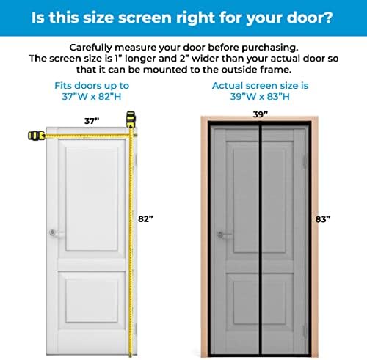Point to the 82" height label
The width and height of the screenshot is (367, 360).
point(148,218)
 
